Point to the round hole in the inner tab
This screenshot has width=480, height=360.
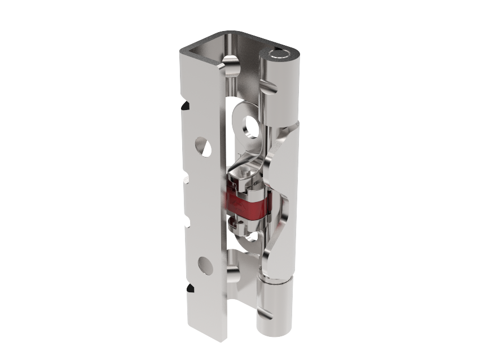(249, 127)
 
